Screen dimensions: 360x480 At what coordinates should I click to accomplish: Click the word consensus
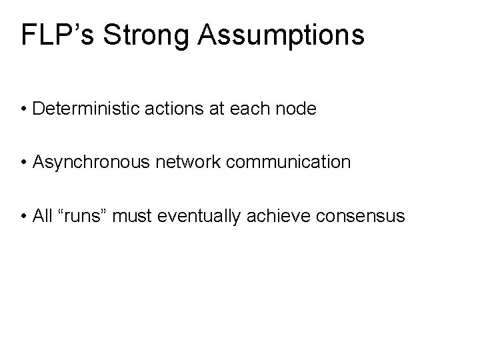coord(354,216)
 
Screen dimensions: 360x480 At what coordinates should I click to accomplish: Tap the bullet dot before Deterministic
coord(23,108)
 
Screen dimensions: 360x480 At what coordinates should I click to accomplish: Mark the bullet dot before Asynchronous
coord(23,163)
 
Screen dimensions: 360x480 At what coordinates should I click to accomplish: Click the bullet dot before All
coord(23,217)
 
